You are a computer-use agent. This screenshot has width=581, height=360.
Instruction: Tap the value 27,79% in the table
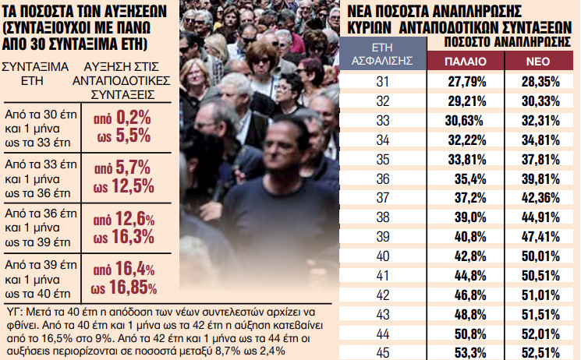(464, 83)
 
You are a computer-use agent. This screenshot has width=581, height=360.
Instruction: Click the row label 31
(384, 83)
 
